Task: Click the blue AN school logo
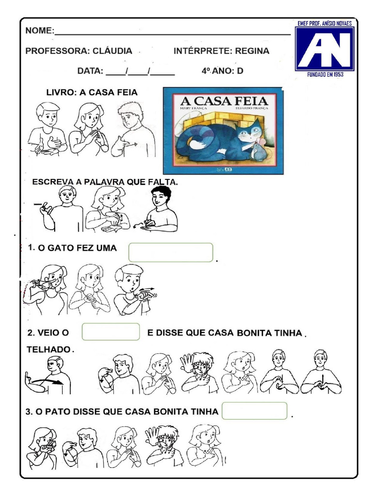pos(325,49)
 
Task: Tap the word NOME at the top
pos(39,30)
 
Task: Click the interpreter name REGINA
pos(252,51)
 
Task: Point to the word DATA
pos(91,71)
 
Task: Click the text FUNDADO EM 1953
pos(325,75)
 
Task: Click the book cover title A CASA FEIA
pos(223,101)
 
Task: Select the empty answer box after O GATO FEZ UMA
pos(170,252)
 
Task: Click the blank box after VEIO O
pos(111,332)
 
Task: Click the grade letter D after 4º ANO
pos(240,71)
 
